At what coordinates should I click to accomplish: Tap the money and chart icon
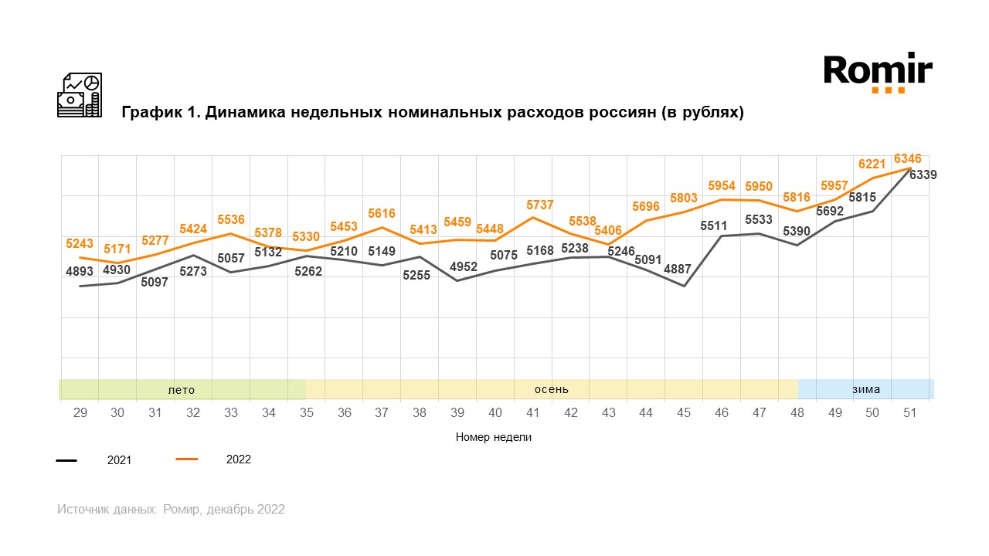click(79, 95)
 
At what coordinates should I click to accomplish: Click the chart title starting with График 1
click(432, 113)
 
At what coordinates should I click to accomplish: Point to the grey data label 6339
click(923, 175)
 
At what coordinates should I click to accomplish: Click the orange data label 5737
click(540, 205)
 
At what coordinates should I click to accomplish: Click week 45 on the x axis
click(683, 413)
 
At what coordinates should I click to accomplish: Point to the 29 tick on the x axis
click(80, 413)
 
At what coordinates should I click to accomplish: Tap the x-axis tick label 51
click(909, 413)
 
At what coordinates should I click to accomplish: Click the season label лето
click(182, 389)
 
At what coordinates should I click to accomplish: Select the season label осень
click(552, 389)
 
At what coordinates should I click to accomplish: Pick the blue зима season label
click(866, 389)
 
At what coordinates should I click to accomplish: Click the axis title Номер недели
click(494, 437)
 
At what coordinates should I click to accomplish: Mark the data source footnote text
click(171, 510)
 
